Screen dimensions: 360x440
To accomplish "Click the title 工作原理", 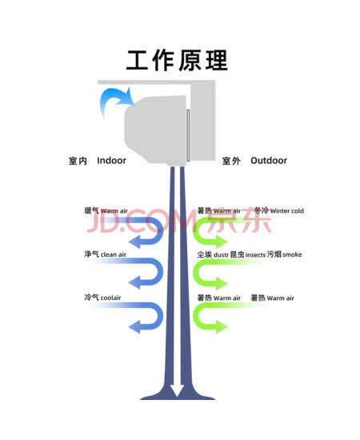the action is pos(177,60).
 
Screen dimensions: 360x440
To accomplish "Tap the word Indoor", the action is pos(111,161).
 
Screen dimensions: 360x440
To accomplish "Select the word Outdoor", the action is pos(269,161).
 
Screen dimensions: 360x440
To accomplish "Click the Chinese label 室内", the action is pos(78,161).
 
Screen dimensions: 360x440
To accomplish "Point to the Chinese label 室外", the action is pos(231,161).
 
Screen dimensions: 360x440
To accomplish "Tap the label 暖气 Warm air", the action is pos(106,210).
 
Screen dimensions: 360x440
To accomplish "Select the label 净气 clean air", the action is pos(106,254).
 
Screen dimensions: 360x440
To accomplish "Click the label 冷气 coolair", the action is pos(102,297).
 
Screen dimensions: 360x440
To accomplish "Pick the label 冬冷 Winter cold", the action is pos(279,210).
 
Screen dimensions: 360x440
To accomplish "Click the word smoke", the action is pos(292,254).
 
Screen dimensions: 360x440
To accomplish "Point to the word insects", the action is pos(255,254).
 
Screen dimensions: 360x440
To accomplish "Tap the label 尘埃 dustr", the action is pos(213,254).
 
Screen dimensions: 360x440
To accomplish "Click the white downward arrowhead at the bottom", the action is pos(177,390).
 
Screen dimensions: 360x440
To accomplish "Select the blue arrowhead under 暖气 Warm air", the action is pos(135,242).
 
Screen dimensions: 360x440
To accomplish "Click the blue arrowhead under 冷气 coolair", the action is pos(135,326).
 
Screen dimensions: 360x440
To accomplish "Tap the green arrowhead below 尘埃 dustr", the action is pos(221,283).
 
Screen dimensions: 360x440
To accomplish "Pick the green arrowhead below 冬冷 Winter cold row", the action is pos(221,242).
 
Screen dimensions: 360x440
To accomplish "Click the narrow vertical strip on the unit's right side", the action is pos(188,135).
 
